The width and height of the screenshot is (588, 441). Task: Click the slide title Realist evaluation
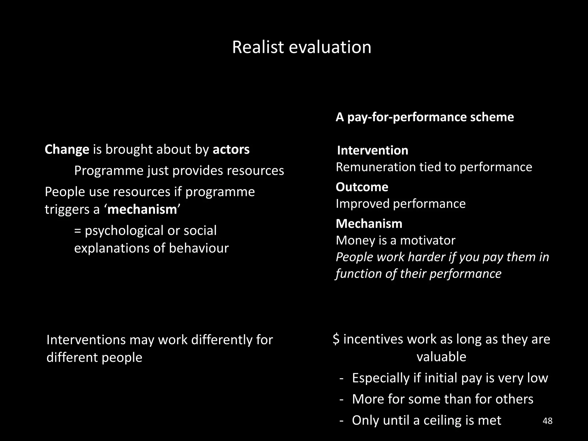[x=301, y=47]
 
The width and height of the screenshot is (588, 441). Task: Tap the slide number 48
[x=548, y=421]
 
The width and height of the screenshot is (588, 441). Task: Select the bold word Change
[x=67, y=150]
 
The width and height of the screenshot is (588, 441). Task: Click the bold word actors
[x=231, y=150]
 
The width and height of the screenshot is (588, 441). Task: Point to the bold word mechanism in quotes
[x=142, y=210]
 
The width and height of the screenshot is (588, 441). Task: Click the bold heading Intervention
[x=372, y=150]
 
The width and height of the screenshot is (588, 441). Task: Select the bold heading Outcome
[x=362, y=187]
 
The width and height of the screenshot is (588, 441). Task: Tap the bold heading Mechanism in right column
[x=369, y=224]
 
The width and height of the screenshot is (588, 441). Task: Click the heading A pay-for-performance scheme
[x=425, y=117]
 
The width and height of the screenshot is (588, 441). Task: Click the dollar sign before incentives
[x=336, y=339]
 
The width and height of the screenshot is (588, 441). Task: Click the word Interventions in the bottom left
[x=86, y=340]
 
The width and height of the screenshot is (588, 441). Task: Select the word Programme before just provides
[x=109, y=171]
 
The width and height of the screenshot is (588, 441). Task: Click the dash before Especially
[x=341, y=378]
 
